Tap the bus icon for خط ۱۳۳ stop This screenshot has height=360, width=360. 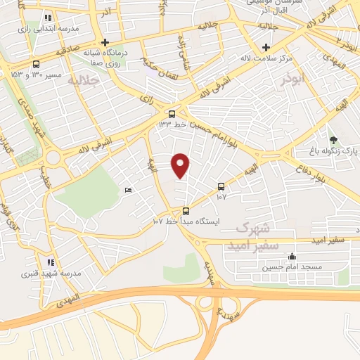[x=172, y=113]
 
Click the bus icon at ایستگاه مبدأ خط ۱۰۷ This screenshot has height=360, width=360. [x=186, y=210]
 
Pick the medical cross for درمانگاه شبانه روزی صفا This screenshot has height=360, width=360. [x=105, y=42]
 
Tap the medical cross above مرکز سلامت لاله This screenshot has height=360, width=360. [x=266, y=48]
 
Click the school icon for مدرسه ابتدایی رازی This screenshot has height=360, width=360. [x=48, y=17]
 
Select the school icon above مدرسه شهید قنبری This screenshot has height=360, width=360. [x=50, y=262]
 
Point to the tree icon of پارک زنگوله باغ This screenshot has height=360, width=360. [x=333, y=139]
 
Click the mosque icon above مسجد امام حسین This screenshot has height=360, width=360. [x=292, y=257]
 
